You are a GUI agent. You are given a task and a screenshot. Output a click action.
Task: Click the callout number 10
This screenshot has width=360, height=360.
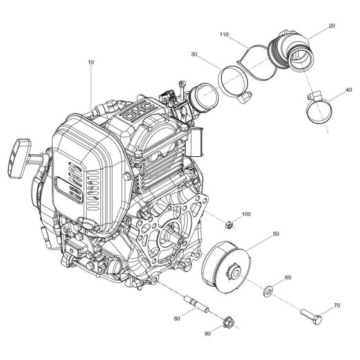91,62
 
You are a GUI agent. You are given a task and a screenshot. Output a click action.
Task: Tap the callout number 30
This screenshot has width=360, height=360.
194,55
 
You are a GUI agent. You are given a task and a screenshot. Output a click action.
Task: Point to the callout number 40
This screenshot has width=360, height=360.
347,90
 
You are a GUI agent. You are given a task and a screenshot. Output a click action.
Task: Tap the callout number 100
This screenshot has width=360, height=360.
246,213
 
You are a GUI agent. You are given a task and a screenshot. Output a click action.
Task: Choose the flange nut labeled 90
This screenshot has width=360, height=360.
226,321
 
